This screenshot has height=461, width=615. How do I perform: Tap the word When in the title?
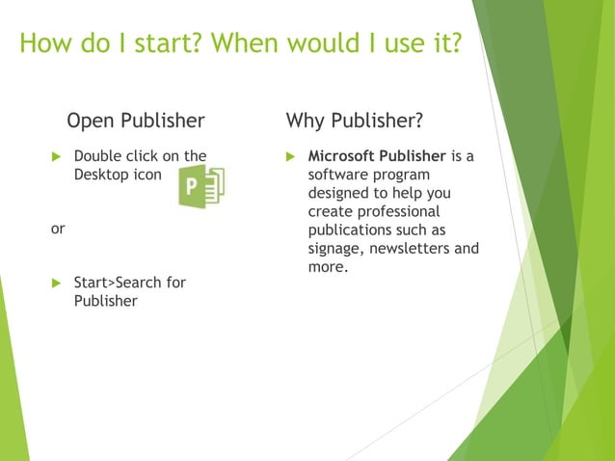(x=261, y=44)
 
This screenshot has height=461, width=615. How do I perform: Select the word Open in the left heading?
(x=91, y=121)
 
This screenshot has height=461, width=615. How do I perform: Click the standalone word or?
(x=57, y=230)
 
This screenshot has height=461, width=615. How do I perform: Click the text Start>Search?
(x=116, y=283)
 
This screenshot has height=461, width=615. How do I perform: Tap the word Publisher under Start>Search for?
(x=105, y=301)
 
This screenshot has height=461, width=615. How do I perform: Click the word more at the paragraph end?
(x=326, y=266)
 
